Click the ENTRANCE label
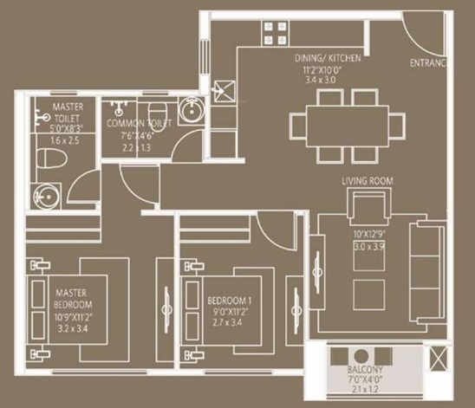pos(428,63)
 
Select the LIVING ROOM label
pos(368,180)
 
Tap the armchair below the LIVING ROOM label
pos(362,209)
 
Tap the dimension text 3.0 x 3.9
pos(368,246)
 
